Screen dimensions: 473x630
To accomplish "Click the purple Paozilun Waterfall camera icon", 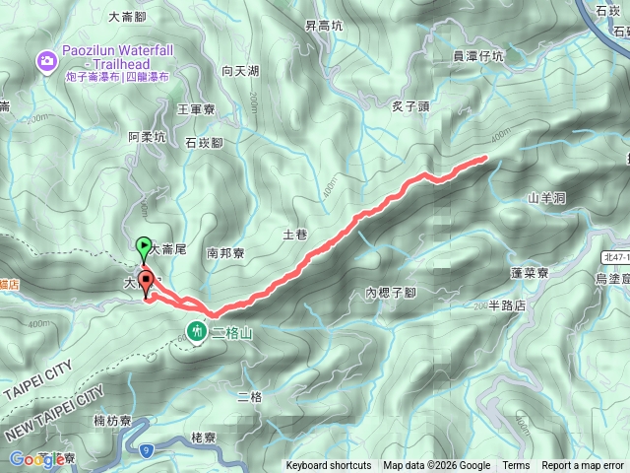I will (x=46, y=63).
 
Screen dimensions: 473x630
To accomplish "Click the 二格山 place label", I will (x=232, y=334).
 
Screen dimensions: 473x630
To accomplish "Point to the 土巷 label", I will (x=295, y=236).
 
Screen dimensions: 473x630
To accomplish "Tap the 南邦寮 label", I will (x=225, y=252).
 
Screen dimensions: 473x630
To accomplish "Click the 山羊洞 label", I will (x=546, y=198).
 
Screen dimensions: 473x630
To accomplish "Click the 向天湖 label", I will (x=240, y=71).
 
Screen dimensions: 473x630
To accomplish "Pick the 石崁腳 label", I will (x=204, y=143).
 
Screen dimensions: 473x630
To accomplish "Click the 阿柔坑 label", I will (x=147, y=138).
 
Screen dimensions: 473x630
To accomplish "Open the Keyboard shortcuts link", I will (x=329, y=466).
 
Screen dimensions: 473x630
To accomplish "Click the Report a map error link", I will (x=584, y=466).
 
